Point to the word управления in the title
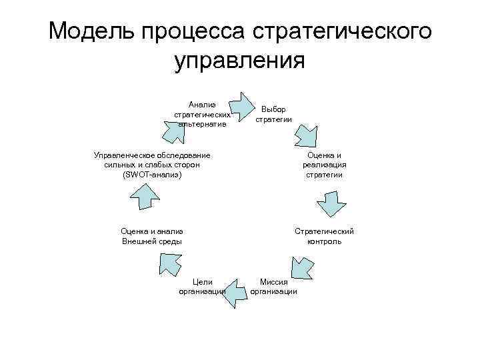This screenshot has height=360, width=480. pyautogui.click(x=239, y=61)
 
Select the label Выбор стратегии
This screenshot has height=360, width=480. pyautogui.click(x=273, y=114)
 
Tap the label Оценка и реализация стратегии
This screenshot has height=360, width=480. pyautogui.click(x=325, y=165)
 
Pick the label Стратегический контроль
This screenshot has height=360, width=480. pyautogui.click(x=324, y=236)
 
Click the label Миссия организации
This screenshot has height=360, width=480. pyautogui.click(x=273, y=287)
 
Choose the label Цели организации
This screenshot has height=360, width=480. pyautogui.click(x=203, y=287)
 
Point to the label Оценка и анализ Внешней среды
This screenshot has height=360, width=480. pyautogui.click(x=152, y=236)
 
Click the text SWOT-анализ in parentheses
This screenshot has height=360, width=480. pyautogui.click(x=152, y=175)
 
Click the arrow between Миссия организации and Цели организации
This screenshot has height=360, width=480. pyautogui.click(x=231, y=291)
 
